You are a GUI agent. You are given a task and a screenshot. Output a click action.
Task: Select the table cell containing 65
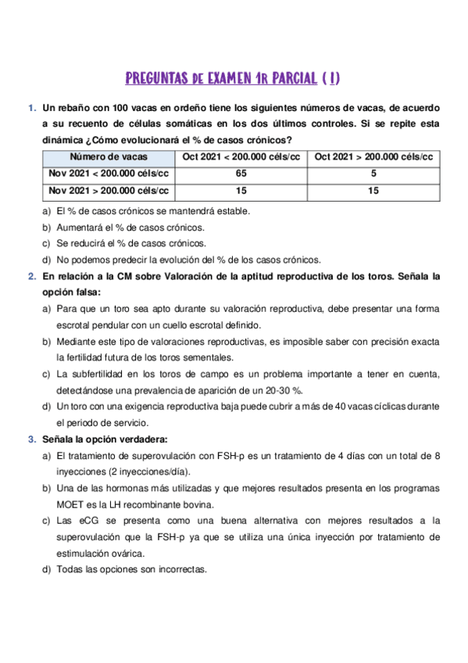click(241, 174)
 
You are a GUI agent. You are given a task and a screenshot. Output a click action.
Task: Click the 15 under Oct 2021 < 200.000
click(241, 190)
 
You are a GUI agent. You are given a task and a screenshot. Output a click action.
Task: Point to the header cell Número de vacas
click(108, 157)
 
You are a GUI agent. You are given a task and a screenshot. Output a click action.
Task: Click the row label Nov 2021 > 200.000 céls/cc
click(108, 190)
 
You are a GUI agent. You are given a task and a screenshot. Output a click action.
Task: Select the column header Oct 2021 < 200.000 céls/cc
click(241, 157)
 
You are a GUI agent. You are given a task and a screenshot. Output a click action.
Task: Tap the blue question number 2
click(31, 276)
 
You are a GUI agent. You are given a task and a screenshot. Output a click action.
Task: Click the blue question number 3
click(31, 439)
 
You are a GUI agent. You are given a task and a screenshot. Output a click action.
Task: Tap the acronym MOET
click(70, 504)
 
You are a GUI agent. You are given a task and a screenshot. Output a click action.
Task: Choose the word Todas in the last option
click(70, 569)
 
